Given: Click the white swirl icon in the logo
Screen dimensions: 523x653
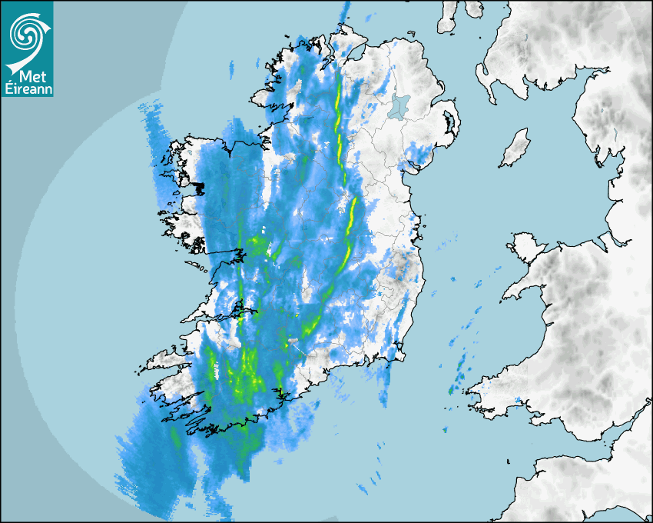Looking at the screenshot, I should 26,34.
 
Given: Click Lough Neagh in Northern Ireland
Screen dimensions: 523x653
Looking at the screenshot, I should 399,107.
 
